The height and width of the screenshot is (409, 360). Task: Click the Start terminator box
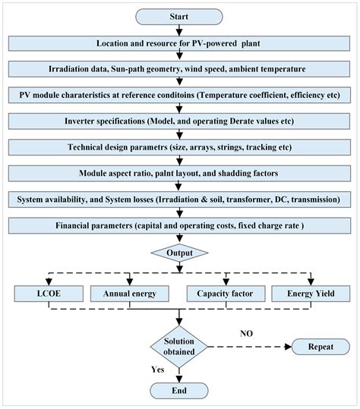(179, 16)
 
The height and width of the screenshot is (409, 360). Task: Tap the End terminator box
(179, 390)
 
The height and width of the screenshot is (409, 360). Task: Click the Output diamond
(179, 253)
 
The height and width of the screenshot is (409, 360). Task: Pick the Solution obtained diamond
(179, 346)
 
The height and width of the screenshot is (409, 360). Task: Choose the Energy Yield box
(309, 292)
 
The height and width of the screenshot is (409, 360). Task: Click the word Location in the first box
(118, 43)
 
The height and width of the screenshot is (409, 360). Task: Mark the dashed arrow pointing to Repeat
(251, 347)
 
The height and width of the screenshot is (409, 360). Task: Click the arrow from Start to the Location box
(179, 30)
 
